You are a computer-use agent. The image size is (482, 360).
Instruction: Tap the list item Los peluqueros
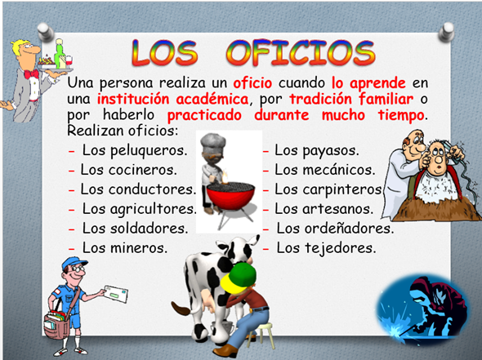coord(135,151)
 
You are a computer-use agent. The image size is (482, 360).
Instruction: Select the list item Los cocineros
coord(128,170)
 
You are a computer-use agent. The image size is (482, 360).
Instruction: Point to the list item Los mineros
coord(125,246)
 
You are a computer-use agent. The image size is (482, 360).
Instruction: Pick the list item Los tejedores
coord(326,246)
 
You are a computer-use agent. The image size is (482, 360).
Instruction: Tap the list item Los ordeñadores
coord(335,227)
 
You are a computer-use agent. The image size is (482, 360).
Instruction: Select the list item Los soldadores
coord(135,227)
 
